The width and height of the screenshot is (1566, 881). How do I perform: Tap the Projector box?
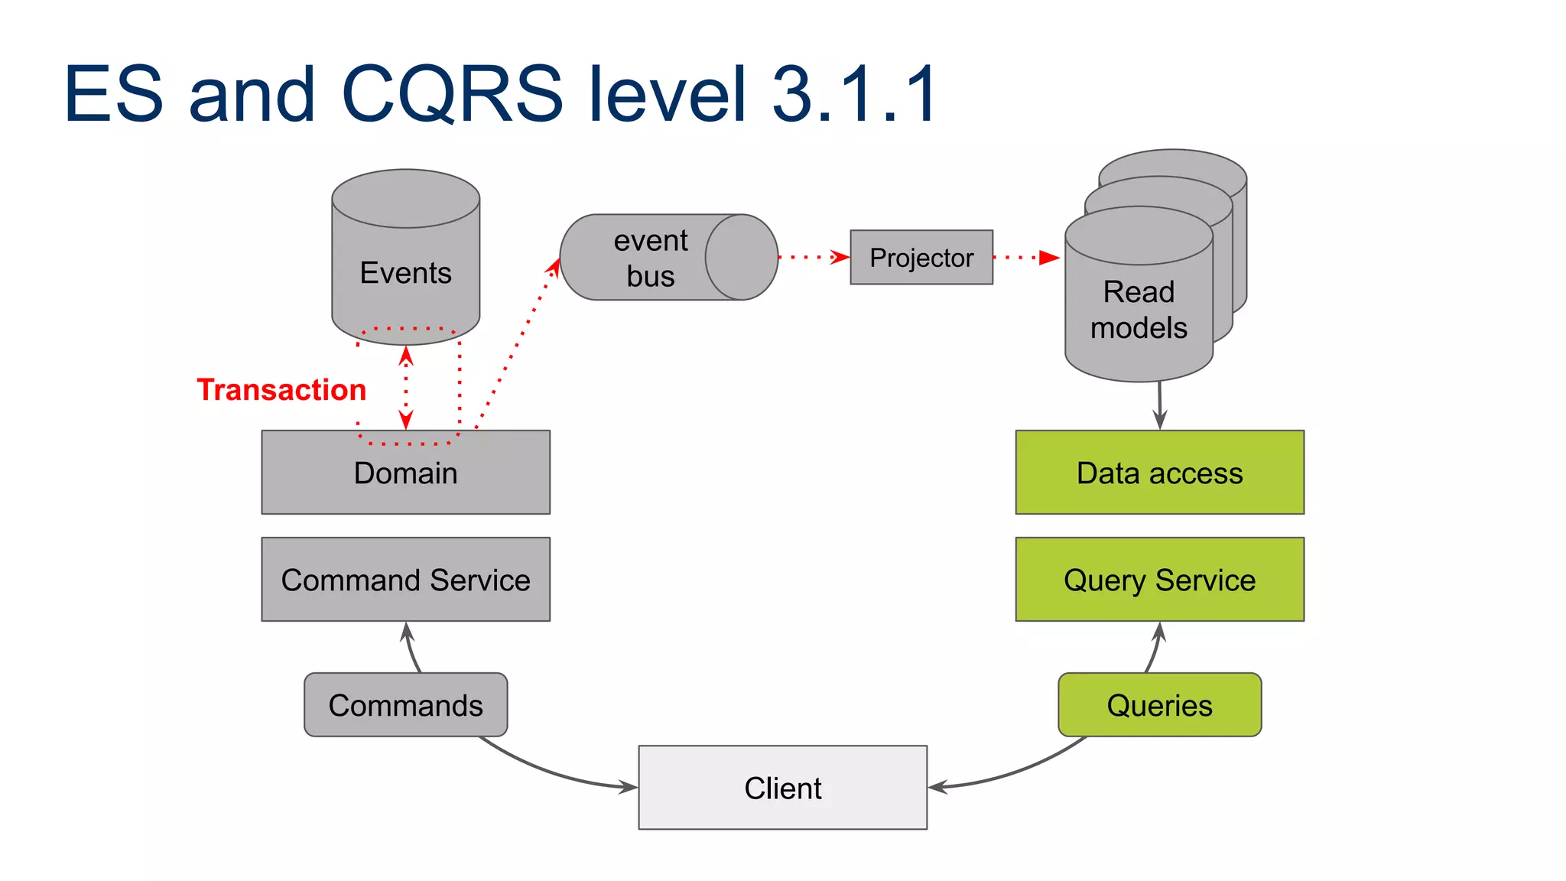[921, 258]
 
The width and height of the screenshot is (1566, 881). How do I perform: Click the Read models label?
[1139, 310]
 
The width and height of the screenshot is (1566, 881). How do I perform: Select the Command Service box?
[405, 580]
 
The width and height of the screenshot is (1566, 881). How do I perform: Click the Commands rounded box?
[405, 705]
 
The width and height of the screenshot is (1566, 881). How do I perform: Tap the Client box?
[782, 788]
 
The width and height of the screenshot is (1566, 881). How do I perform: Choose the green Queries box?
[1159, 705]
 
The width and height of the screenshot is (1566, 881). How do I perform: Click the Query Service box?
[1159, 580]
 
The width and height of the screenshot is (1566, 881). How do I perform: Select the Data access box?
[1159, 473]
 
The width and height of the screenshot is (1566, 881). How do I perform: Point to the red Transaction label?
[281, 390]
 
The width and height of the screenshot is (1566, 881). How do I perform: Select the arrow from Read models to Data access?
[1160, 405]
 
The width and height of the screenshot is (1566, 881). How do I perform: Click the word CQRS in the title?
[451, 94]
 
